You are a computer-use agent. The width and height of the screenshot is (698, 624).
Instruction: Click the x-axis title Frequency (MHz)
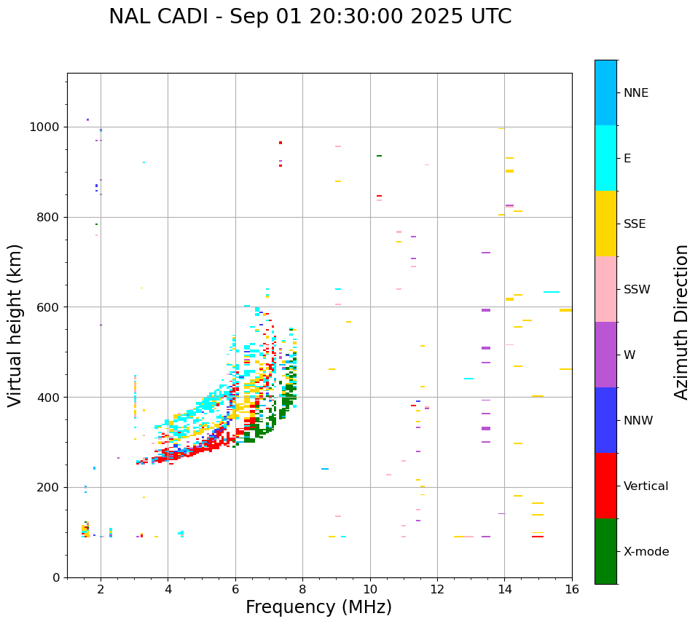(x=318, y=607)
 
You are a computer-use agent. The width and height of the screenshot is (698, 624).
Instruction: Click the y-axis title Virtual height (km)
(x=15, y=325)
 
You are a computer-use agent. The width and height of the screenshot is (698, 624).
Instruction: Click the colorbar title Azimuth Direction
(x=681, y=322)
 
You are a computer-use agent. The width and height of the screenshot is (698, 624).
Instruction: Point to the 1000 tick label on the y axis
(x=44, y=127)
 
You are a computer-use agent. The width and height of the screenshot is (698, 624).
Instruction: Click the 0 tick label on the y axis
(x=55, y=577)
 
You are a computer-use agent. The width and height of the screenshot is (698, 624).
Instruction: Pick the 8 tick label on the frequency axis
(x=302, y=589)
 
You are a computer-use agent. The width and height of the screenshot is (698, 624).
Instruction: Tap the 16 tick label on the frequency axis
(x=572, y=589)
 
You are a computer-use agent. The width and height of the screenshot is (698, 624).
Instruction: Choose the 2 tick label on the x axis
(x=101, y=589)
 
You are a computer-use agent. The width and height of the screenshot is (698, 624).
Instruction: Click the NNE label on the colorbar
(x=635, y=93)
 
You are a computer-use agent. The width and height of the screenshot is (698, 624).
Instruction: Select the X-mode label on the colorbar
(x=646, y=552)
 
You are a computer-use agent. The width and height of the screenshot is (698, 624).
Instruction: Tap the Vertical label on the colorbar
(x=646, y=486)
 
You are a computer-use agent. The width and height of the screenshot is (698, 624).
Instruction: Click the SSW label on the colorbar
(x=637, y=290)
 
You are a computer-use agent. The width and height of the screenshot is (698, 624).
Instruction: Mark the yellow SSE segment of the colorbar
(x=605, y=224)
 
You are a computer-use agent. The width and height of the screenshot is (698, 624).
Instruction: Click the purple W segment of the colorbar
(x=605, y=355)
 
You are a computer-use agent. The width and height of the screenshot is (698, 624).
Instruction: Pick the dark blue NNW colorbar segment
(x=605, y=420)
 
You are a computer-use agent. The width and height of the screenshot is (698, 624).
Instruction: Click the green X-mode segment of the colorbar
(x=605, y=551)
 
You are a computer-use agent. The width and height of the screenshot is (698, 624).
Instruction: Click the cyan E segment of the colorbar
(x=605, y=158)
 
